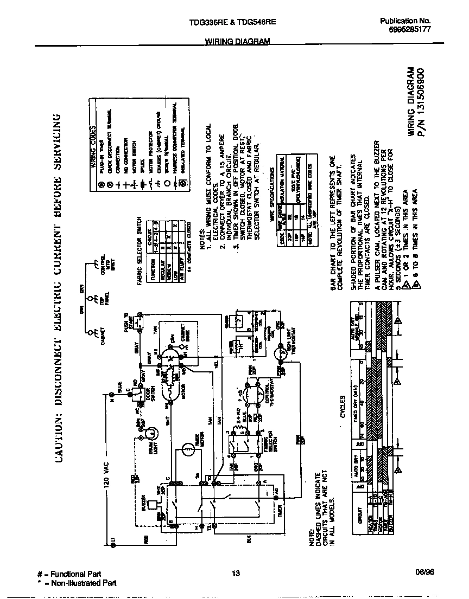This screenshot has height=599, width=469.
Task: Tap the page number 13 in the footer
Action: pyautogui.click(x=235, y=574)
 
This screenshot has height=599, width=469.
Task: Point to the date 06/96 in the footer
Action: pyautogui.click(x=422, y=574)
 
